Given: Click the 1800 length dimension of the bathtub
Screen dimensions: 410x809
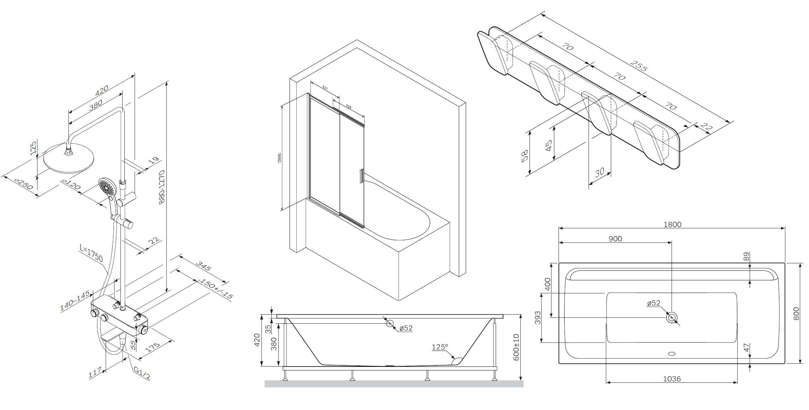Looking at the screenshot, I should click(672, 224).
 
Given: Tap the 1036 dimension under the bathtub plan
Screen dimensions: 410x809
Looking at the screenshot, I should click(672, 379).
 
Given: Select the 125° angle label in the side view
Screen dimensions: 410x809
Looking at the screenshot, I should click(439, 347).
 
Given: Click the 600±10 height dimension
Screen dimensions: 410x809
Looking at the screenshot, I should click(516, 347).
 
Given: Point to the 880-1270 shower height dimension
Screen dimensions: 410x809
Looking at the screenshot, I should click(162, 187).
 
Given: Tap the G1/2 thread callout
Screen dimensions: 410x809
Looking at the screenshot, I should click(142, 373).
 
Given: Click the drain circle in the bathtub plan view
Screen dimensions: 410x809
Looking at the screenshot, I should click(672, 317).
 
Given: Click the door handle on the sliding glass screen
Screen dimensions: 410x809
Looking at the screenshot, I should click(361, 176).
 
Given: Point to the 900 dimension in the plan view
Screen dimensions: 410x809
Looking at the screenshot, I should click(615, 239).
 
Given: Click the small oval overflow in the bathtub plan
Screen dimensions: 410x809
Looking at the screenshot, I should click(672, 353).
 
